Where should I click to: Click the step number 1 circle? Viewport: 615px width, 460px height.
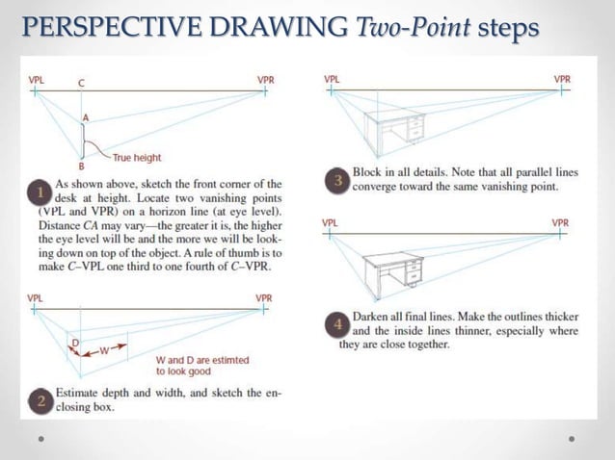click(x=40, y=191)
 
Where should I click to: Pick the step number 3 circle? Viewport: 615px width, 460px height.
click(x=337, y=180)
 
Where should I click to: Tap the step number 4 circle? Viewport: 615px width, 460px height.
click(x=337, y=325)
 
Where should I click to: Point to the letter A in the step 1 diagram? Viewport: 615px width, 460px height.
click(x=86, y=117)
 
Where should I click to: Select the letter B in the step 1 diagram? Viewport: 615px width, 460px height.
click(x=84, y=166)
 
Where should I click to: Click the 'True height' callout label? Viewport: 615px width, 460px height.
click(x=137, y=157)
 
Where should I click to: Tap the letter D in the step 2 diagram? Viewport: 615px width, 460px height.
click(x=74, y=342)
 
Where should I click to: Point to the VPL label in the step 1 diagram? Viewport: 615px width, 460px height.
click(x=35, y=79)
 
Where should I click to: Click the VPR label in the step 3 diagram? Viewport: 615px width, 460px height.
click(x=561, y=78)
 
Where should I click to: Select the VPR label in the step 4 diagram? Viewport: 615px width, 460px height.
click(x=560, y=222)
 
